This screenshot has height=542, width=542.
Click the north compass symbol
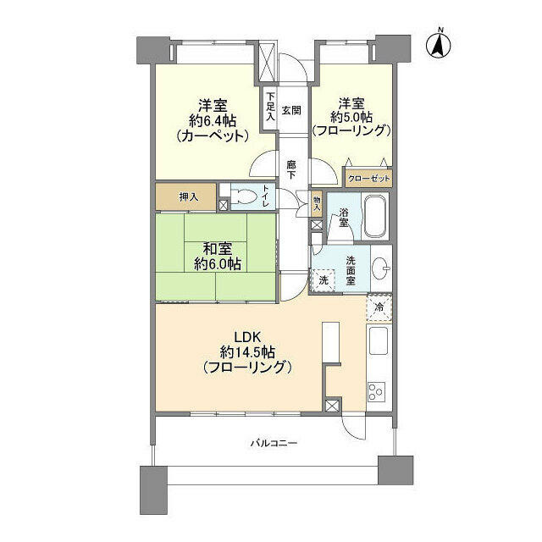(439, 44)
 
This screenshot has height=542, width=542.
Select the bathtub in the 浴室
(375, 216)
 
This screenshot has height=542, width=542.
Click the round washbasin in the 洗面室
(380, 268)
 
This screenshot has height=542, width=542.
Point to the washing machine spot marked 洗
(324, 280)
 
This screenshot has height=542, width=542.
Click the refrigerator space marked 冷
(379, 307)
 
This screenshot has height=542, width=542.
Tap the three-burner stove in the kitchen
(377, 392)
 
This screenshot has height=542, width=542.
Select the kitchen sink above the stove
(379, 341)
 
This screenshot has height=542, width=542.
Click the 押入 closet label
(189, 197)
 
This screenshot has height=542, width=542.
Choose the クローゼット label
(369, 179)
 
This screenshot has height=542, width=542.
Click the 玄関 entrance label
(291, 111)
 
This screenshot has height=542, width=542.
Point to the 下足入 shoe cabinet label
(271, 106)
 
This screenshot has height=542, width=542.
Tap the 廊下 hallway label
(291, 169)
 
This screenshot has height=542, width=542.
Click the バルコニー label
(274, 443)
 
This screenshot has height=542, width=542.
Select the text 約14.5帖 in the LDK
(247, 352)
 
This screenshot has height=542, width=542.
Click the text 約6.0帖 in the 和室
(218, 264)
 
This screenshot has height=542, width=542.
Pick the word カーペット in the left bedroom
(213, 136)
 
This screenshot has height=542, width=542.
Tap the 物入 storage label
(317, 203)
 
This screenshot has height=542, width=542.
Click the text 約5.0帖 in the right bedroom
(351, 118)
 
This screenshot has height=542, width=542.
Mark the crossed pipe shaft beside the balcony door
(332, 406)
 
